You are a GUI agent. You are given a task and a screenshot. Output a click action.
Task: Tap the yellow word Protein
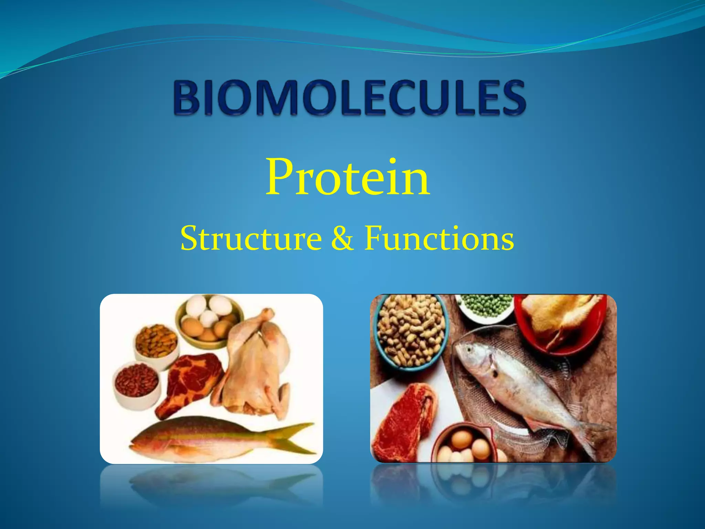pyautogui.click(x=348, y=177)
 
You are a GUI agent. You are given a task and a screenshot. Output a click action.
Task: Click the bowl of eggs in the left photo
pyautogui.click(x=209, y=320)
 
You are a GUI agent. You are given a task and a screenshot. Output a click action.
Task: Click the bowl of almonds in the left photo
pyautogui.click(x=157, y=341)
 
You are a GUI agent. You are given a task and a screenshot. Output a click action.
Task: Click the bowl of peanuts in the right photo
pyautogui.click(x=410, y=331)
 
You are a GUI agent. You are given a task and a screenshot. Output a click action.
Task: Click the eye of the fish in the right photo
pyautogui.click(x=469, y=349)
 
